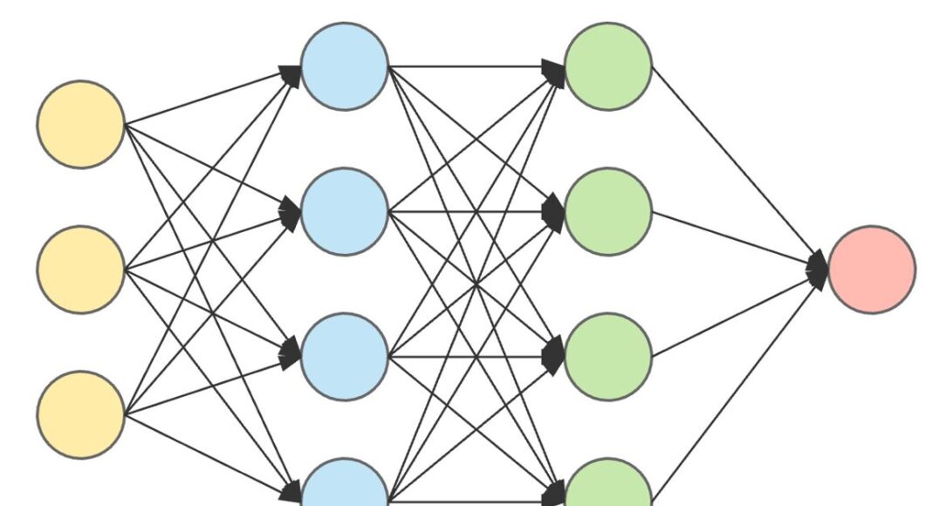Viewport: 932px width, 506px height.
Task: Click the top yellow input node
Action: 80,124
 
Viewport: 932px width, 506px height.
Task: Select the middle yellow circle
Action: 80,269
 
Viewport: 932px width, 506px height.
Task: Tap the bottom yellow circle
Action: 80,414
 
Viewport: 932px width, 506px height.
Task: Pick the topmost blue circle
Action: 345,66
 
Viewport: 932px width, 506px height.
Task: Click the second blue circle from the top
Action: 345,211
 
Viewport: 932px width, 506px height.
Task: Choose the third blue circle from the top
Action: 345,356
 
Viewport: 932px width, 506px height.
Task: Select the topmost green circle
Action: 608,66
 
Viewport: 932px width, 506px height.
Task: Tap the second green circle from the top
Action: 608,211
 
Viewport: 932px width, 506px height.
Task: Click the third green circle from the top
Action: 608,356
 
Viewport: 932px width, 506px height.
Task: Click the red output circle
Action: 872,269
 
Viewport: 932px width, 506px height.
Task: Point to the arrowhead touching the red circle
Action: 818,268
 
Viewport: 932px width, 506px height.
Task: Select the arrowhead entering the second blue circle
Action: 291,211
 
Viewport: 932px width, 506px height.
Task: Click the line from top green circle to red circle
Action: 737,166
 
